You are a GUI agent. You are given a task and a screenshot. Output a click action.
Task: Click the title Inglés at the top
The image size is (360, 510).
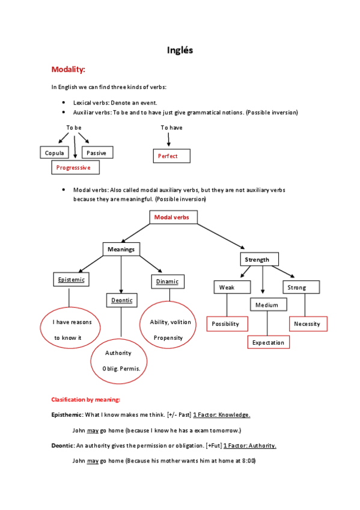180,50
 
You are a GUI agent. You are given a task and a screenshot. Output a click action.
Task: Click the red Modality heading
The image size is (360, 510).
68,69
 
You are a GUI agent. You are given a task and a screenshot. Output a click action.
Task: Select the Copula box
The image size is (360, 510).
55,153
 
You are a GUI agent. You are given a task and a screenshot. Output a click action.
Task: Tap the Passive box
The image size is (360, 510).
96,153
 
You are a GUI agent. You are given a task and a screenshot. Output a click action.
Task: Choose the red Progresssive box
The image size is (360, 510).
75,168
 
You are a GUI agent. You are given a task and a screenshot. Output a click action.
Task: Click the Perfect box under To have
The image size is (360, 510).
172,156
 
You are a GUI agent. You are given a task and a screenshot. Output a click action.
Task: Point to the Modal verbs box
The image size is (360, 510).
172,217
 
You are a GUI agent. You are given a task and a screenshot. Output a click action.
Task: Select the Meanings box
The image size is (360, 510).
121,249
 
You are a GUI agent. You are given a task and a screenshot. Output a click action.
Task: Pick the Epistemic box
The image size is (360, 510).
71,280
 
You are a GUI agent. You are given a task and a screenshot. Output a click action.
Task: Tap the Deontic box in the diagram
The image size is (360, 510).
121,300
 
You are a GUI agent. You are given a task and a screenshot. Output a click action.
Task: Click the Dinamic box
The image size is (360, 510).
168,281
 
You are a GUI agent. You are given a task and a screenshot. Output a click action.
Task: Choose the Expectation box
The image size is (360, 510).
268,342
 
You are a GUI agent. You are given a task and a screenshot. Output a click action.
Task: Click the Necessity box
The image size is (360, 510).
308,324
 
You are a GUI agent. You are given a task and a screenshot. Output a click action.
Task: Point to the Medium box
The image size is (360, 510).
267,305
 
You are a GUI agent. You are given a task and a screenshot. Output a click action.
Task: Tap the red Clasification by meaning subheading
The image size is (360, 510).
85,399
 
